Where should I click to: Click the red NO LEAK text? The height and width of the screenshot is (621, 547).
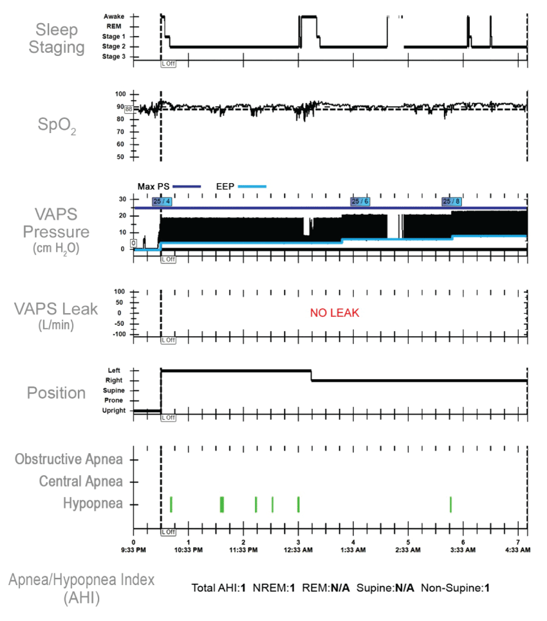click(x=334, y=313)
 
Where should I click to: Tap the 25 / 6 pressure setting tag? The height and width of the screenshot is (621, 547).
click(x=360, y=202)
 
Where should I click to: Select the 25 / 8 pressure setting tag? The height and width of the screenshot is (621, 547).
click(x=450, y=202)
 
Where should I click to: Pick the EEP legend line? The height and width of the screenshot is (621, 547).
click(x=252, y=186)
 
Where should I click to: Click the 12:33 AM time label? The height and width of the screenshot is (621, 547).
click(x=298, y=551)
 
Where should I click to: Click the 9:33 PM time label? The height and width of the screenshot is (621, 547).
click(x=134, y=551)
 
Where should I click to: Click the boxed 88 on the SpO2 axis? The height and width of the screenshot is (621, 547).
click(x=129, y=109)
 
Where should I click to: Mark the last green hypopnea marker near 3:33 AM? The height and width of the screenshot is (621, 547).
click(x=450, y=505)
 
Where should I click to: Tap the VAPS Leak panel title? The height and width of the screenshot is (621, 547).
click(x=56, y=309)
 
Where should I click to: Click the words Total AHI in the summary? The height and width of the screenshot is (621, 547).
click(x=216, y=588)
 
